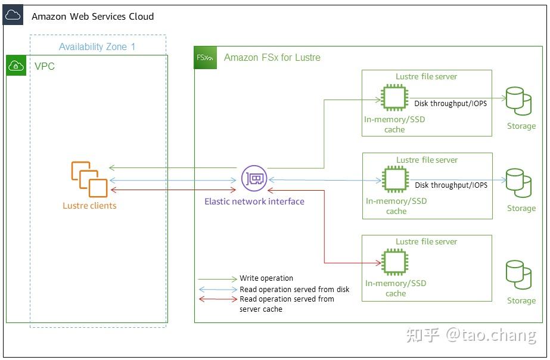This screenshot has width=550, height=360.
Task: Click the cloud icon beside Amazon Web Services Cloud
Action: coord(13,15)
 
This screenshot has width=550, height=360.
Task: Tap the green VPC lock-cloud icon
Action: coord(17,66)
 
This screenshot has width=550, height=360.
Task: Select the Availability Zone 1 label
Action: coord(97,46)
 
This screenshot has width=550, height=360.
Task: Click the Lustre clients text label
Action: coord(89,206)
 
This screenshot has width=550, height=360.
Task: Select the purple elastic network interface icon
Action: coord(254,178)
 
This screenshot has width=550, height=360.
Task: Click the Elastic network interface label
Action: coord(254,201)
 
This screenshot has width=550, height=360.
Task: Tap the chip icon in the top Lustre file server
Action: coord(394,97)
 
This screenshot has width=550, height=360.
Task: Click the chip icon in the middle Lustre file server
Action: coord(394,179)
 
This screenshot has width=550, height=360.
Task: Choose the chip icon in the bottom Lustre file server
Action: coord(394,262)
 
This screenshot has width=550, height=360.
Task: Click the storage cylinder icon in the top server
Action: coord(518,101)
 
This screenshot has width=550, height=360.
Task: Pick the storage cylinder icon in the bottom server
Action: coord(518,274)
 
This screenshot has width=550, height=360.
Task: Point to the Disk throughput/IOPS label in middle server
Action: coord(451,185)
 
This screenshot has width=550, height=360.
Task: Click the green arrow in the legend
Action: coord(217,278)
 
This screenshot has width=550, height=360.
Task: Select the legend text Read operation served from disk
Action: coord(294,289)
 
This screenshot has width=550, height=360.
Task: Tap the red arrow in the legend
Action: coord(217,299)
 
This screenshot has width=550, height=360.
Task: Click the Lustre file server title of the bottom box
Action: coord(427,241)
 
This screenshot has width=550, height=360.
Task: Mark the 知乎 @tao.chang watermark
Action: coord(471,335)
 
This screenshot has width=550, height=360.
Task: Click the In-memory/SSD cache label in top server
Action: coord(394,124)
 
